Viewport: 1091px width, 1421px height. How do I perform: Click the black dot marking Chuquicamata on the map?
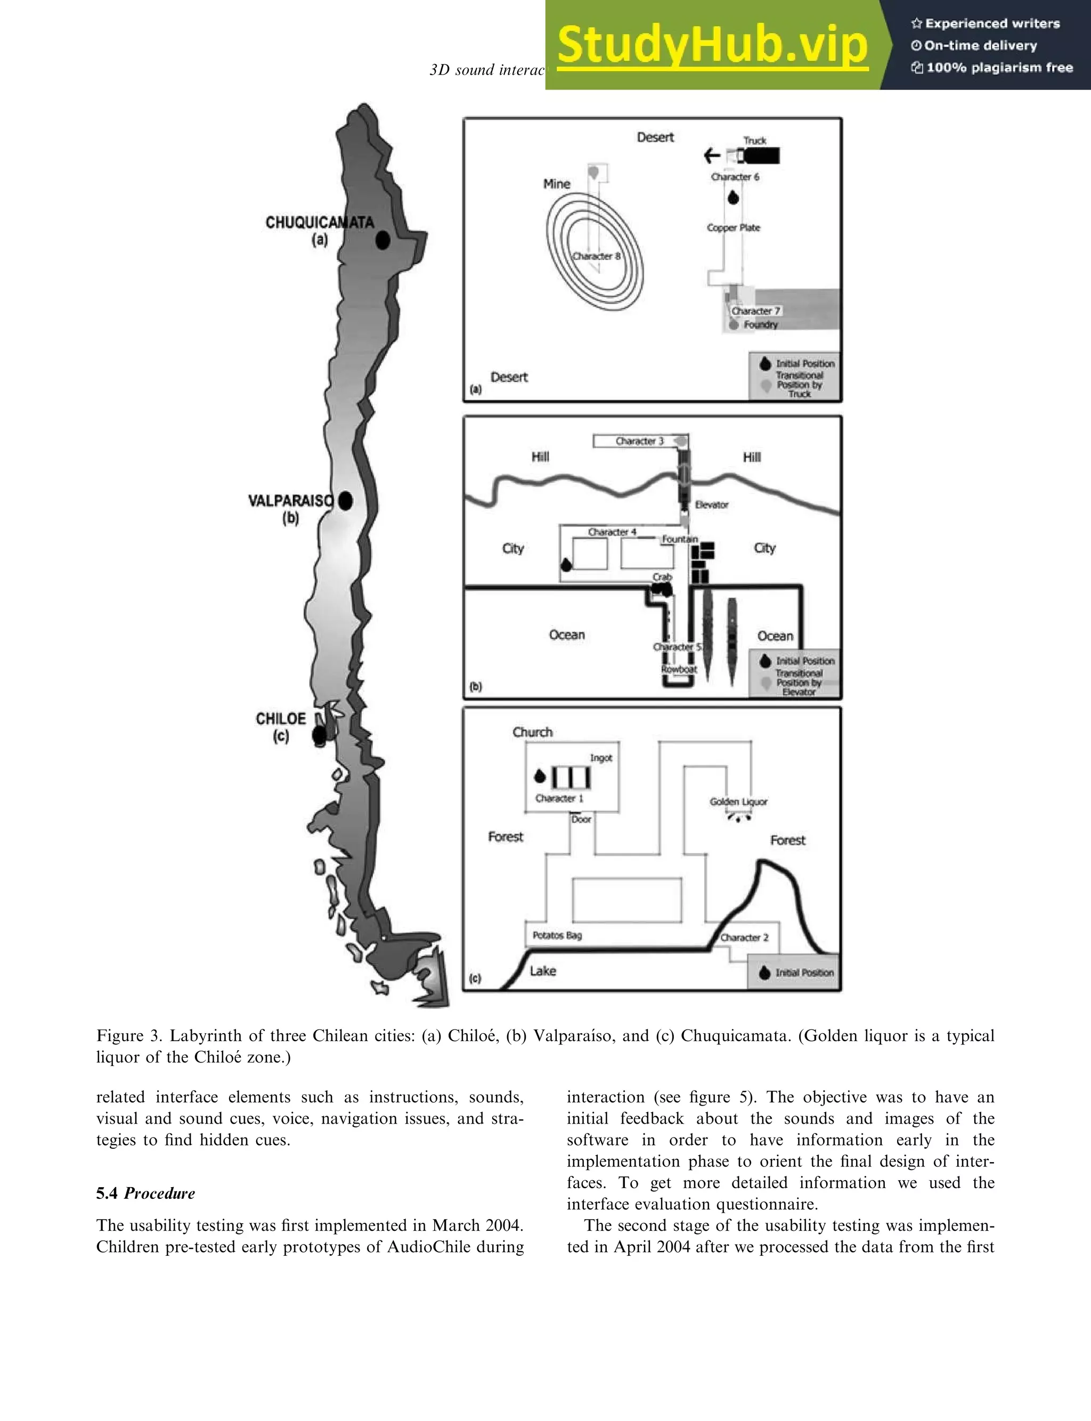tap(382, 240)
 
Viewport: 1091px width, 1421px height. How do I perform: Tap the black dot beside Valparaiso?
tap(346, 500)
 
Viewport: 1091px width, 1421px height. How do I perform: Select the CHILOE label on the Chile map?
tap(281, 719)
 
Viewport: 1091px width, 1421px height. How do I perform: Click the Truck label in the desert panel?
tap(755, 140)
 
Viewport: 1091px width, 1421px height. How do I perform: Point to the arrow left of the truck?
tap(712, 155)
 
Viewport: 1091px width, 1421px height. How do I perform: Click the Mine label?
tap(557, 184)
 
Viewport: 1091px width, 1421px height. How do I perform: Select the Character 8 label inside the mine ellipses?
tap(596, 256)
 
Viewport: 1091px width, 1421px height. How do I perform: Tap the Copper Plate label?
tap(733, 228)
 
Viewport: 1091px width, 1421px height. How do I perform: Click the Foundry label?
tap(761, 324)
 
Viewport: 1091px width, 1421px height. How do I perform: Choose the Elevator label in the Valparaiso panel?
tap(712, 505)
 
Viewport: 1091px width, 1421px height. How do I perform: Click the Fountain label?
tap(680, 539)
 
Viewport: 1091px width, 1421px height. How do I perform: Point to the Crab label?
tap(662, 576)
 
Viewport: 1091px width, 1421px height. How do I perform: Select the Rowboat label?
tap(679, 669)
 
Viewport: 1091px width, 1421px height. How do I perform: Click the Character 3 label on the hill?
tap(640, 441)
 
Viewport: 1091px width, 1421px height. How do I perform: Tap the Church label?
tap(533, 732)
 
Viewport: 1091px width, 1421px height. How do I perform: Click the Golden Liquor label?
tap(738, 801)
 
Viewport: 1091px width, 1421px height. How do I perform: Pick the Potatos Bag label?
tap(557, 935)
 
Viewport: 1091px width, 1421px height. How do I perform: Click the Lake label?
tap(543, 971)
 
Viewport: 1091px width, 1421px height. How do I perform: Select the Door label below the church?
tap(581, 819)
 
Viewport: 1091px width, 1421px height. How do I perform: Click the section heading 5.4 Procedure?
tap(145, 1193)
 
